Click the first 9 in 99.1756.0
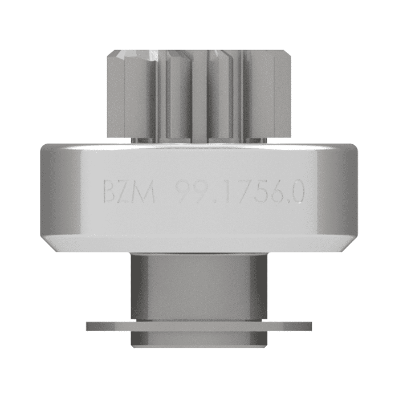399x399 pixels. [x=183, y=193]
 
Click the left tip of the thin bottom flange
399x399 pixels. [x=89, y=327]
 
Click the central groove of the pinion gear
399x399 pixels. [x=199, y=97]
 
